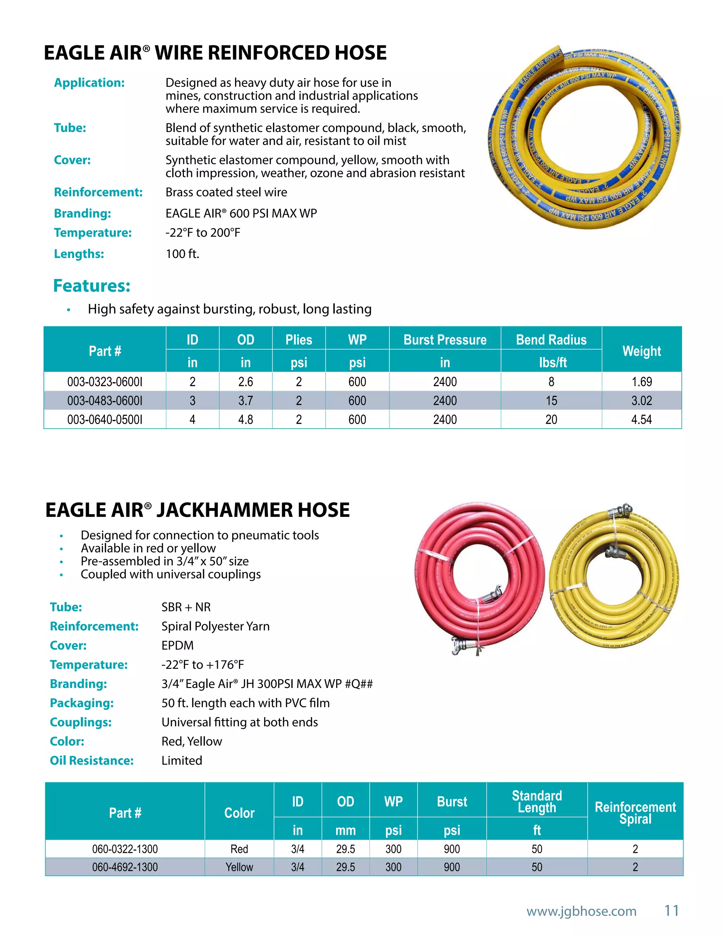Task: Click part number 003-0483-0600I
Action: point(104,401)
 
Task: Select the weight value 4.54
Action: point(641,420)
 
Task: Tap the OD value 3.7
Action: point(245,401)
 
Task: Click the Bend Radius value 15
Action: point(551,401)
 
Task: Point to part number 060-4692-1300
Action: point(125,867)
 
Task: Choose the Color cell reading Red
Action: point(239,849)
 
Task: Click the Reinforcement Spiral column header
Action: point(635,813)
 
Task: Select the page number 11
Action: point(671,911)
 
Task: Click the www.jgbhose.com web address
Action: point(581,911)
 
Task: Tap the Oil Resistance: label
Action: point(92,761)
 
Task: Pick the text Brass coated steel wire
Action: point(226,192)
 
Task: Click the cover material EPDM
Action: point(177,646)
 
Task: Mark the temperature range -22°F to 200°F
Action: point(203,233)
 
